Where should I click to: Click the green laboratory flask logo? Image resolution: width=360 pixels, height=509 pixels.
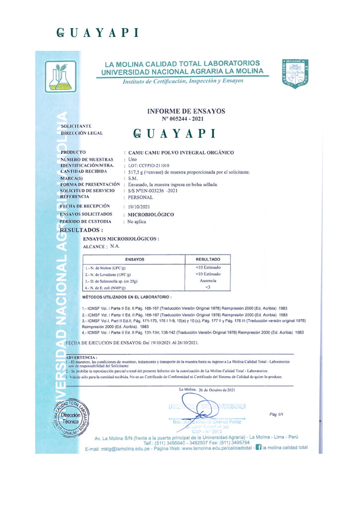click(61, 76)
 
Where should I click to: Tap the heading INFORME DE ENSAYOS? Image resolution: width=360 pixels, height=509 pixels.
click(186, 111)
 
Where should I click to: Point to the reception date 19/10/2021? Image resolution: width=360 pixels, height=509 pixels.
click(139, 205)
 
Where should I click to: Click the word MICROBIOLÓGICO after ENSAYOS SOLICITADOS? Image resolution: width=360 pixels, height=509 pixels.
click(151, 214)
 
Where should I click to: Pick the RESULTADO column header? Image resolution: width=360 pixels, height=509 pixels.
click(208, 259)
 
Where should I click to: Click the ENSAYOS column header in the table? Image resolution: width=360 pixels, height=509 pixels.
click(135, 259)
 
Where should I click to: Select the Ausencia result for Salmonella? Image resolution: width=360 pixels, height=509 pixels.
click(208, 280)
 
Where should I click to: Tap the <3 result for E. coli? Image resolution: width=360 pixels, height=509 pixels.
click(208, 287)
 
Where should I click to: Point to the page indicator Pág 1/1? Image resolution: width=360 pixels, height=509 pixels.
click(276, 414)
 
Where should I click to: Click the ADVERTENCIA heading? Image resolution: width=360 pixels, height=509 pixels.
click(82, 357)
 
